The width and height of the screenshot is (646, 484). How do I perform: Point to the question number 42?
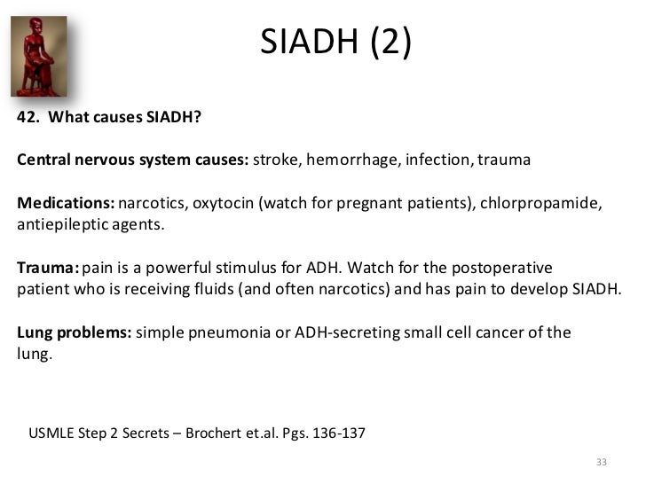point(28,119)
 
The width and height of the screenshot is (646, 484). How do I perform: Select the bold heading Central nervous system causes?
point(133,161)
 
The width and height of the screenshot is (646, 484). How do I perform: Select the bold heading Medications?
point(66,204)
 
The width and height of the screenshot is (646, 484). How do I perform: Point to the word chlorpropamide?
point(543,204)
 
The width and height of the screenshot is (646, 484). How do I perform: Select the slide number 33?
point(602,463)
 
